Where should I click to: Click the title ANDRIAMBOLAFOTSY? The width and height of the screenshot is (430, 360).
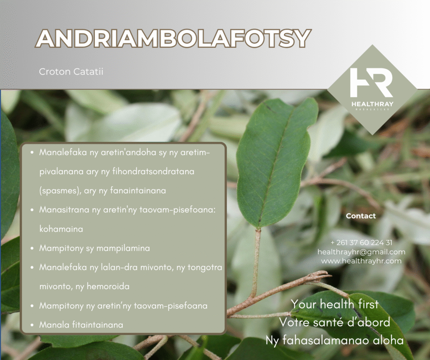(x=173, y=39)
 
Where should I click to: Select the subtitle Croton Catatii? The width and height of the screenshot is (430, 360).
(x=71, y=71)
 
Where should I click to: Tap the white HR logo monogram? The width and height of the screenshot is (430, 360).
(x=372, y=83)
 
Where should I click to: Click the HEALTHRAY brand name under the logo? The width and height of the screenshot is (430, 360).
(x=372, y=104)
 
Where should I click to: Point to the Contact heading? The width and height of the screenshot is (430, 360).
(x=361, y=216)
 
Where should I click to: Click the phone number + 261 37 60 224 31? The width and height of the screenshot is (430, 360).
(x=362, y=243)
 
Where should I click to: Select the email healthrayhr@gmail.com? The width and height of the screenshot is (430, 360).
(x=361, y=252)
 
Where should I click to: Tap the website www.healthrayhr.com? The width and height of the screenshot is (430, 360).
(x=361, y=261)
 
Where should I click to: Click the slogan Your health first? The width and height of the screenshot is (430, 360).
(x=335, y=304)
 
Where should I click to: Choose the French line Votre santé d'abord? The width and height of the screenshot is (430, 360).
(x=335, y=322)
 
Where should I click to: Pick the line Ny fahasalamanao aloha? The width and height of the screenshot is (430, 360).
(x=335, y=340)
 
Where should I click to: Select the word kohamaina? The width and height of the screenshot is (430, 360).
(x=61, y=229)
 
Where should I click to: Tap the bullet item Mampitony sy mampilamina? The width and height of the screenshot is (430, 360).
(x=94, y=248)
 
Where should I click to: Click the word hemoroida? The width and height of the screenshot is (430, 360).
(x=108, y=286)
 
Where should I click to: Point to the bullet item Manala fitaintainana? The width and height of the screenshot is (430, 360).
(x=81, y=325)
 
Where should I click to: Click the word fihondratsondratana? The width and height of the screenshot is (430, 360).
(x=153, y=172)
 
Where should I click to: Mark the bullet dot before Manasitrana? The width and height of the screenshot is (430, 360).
(x=32, y=210)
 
